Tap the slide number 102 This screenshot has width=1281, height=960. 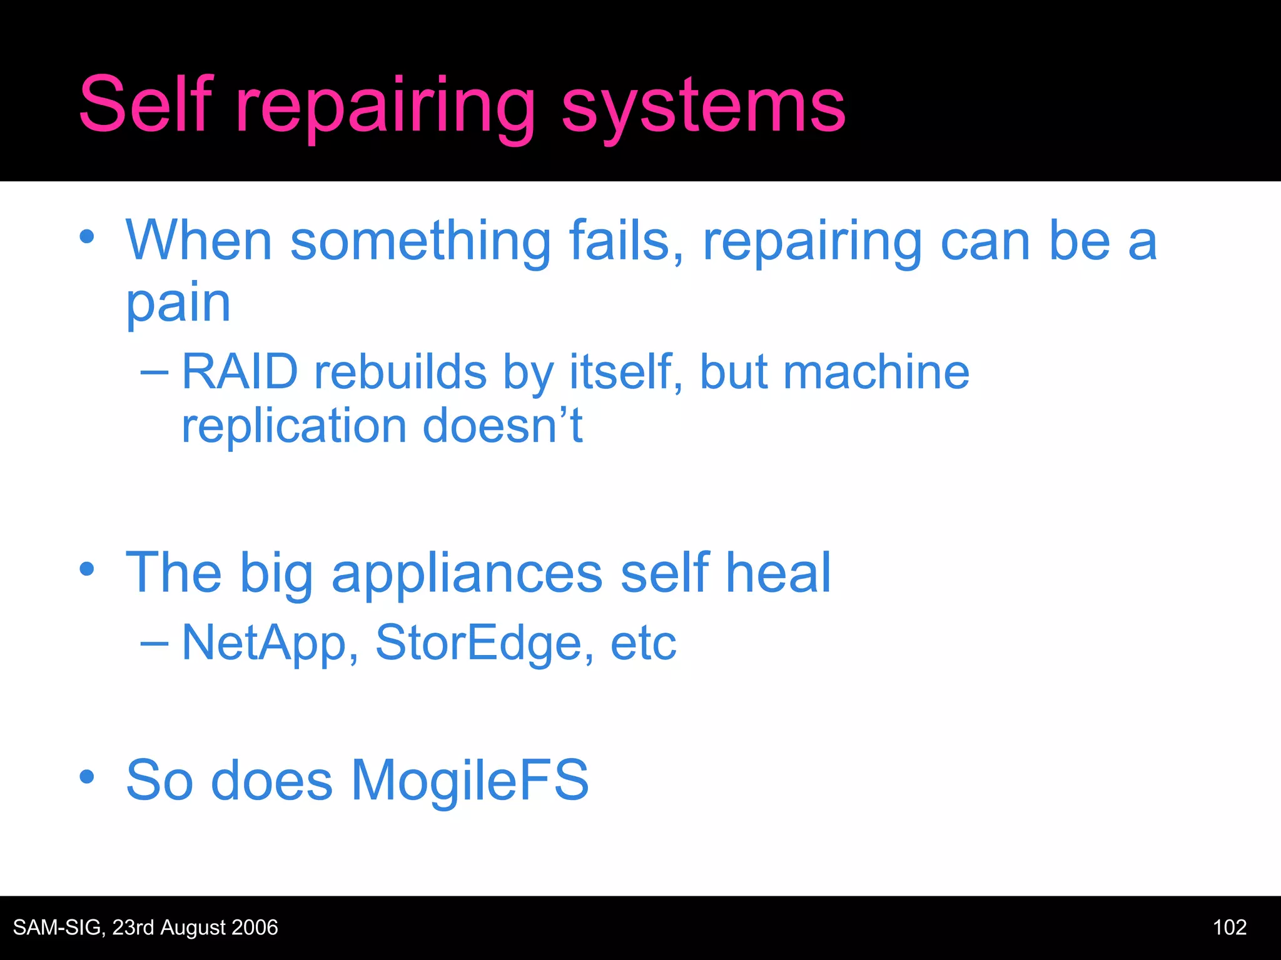coord(1229,927)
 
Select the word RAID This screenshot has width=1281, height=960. coord(240,372)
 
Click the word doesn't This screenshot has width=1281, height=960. coord(502,426)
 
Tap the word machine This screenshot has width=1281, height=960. coord(876,372)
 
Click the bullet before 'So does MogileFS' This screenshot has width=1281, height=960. coord(87,777)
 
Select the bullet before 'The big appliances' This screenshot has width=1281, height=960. coord(87,569)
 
